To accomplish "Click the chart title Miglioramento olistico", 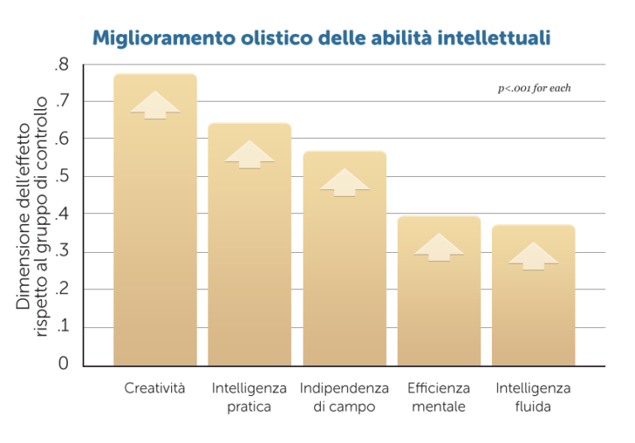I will pyautogui.click(x=321, y=38).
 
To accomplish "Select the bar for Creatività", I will pyautogui.click(x=155, y=248).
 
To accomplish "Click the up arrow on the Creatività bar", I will pyautogui.click(x=155, y=105).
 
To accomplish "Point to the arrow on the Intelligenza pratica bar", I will pyautogui.click(x=250, y=155).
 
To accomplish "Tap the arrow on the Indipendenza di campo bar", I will pyautogui.click(x=344, y=183).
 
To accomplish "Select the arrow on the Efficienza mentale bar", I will pyautogui.click(x=439, y=247).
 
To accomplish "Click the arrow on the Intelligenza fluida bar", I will pyautogui.click(x=533, y=256).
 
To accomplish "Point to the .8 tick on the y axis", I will pyautogui.click(x=62, y=64).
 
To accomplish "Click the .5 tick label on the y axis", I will pyautogui.click(x=62, y=177).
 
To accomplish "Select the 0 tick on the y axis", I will pyautogui.click(x=64, y=364).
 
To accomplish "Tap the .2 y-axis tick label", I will pyautogui.click(x=62, y=289).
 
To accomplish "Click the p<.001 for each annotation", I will pyautogui.click(x=534, y=88).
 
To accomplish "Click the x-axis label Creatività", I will pyautogui.click(x=155, y=388).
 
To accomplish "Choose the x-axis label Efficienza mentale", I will pyautogui.click(x=439, y=397).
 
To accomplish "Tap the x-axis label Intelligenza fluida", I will pyautogui.click(x=533, y=397).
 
